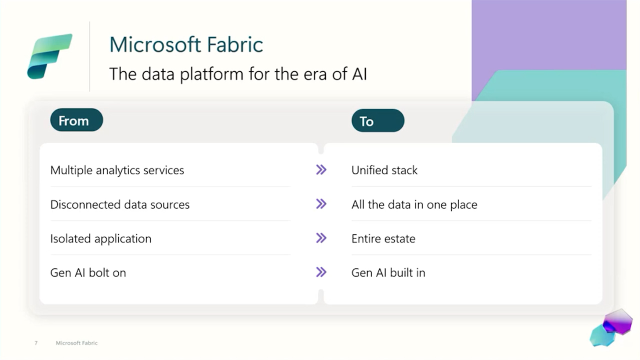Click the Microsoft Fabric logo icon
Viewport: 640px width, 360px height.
[x=49, y=56]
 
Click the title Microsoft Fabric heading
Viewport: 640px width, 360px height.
[x=186, y=44]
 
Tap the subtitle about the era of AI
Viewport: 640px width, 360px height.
[x=238, y=74]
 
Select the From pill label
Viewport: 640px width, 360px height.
[x=76, y=120]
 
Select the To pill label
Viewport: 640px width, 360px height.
[x=377, y=120]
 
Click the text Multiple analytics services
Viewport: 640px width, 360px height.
[x=117, y=170]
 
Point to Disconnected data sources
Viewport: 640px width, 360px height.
[x=120, y=204]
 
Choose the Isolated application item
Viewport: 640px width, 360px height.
[x=101, y=238]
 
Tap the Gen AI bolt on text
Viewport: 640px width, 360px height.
[x=88, y=273]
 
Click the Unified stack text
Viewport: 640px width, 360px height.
[x=384, y=170]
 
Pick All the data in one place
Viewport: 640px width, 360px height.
[x=414, y=204]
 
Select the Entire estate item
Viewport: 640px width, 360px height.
[x=383, y=238]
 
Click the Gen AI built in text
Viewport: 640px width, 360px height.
[x=388, y=273]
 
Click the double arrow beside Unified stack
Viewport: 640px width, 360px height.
[x=321, y=169]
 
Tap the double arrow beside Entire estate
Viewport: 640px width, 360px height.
[x=321, y=238]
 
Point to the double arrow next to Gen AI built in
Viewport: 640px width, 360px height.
[x=321, y=272]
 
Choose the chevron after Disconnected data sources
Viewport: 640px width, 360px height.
[x=321, y=204]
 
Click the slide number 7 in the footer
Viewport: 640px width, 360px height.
[x=36, y=343]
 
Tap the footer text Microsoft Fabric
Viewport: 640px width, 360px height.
[x=76, y=343]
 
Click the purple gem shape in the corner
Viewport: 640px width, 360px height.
[x=617, y=322]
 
